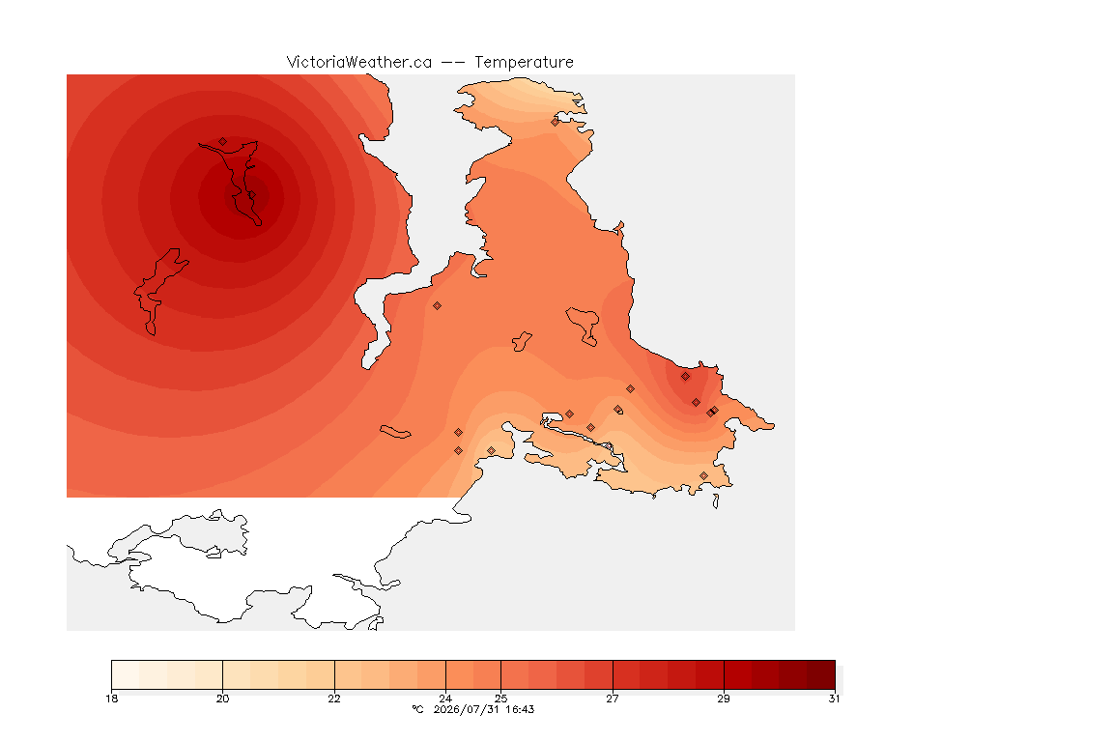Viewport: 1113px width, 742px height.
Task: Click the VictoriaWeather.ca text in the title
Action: [x=359, y=63]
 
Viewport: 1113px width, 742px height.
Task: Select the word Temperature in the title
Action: [x=524, y=63]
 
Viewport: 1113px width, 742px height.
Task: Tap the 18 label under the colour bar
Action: [x=111, y=699]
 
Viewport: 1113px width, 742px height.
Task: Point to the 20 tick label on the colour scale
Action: [x=223, y=699]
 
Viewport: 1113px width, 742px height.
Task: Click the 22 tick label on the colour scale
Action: [x=334, y=699]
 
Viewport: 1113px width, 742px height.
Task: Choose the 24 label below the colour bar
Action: [x=445, y=699]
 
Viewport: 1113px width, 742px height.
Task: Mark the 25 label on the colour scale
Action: [x=501, y=699]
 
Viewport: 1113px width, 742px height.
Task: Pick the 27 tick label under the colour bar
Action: [x=613, y=699]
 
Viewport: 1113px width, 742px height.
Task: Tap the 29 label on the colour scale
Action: [x=724, y=699]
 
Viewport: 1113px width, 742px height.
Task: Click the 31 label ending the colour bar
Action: [x=834, y=699]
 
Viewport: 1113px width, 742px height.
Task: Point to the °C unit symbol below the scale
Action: [x=417, y=709]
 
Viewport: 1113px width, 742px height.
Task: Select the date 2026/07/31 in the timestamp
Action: [x=467, y=709]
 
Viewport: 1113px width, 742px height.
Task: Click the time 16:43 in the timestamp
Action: [x=520, y=709]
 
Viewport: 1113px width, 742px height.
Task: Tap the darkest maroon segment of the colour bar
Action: [x=821, y=674]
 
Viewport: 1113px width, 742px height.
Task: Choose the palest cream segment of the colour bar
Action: [x=126, y=674]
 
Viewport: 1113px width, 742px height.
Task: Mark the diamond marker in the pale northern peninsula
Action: [x=556, y=122]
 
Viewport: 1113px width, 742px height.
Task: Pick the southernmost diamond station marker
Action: [x=703, y=475]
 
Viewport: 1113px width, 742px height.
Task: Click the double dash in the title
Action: [x=453, y=63]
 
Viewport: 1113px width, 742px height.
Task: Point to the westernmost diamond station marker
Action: [x=223, y=142]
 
